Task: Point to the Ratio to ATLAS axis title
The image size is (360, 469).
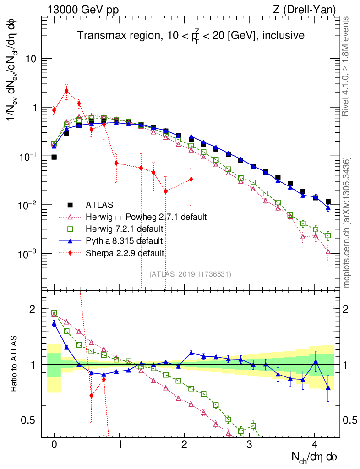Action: coord(15,365)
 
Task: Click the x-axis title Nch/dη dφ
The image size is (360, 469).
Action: coord(315,457)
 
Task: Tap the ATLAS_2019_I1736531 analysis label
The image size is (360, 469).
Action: coord(190,274)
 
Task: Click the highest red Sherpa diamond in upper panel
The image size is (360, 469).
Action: coord(66,91)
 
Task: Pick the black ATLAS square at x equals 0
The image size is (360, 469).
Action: coord(54,157)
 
